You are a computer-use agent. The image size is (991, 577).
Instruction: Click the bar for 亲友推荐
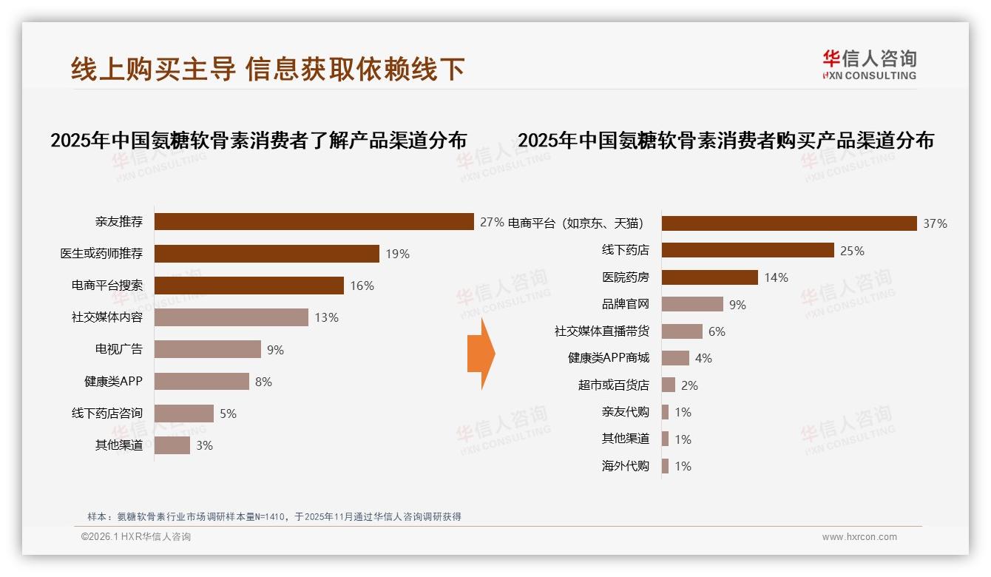coord(314,221)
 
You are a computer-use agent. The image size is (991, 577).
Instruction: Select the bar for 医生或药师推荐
coord(266,254)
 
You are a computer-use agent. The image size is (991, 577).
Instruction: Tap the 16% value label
coord(362,286)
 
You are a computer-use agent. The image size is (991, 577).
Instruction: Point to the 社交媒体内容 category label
coord(106,317)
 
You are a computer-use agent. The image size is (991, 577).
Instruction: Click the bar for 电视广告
coord(207,349)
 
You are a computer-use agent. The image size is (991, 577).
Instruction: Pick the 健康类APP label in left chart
coord(112,382)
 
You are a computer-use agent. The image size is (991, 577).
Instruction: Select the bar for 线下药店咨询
coord(183,414)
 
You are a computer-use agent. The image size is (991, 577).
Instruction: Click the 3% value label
coord(204,445)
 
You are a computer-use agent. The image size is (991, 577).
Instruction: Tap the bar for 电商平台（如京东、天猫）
coord(788,223)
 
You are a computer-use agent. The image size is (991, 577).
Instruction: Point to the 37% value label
coord(935,223)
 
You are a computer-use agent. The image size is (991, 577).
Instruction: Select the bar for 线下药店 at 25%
coord(747,250)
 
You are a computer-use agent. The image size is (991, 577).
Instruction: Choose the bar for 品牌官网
coord(691,304)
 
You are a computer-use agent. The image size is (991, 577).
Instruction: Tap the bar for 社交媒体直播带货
coord(681,331)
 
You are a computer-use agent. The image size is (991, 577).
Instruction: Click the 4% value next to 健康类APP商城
coord(703,358)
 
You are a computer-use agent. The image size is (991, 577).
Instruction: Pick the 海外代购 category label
coord(625,466)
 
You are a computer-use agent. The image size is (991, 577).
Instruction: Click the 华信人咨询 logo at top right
coord(868,64)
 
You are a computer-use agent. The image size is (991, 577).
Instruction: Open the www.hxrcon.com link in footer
coord(859,537)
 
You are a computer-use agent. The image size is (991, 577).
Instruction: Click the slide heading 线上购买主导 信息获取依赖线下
coord(268,69)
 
